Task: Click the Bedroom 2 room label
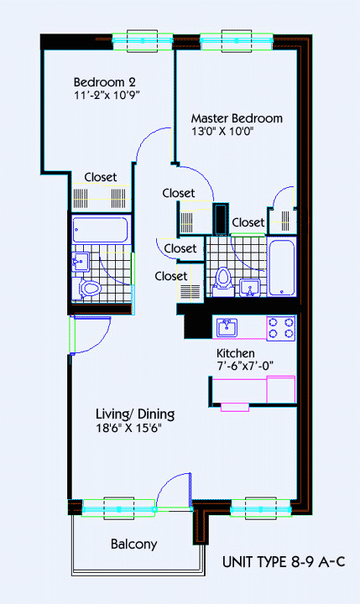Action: click(105, 82)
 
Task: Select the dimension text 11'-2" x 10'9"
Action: click(106, 96)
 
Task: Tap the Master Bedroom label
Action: click(237, 117)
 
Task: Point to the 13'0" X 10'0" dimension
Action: click(222, 131)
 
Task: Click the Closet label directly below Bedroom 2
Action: click(101, 177)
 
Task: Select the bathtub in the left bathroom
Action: click(100, 231)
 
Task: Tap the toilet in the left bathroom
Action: click(89, 289)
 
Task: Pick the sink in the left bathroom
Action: click(80, 262)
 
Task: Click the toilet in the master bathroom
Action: click(223, 279)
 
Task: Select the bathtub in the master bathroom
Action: click(281, 267)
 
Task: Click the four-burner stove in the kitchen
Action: click(281, 327)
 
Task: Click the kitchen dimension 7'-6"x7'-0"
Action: click(245, 366)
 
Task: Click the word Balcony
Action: click(134, 544)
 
